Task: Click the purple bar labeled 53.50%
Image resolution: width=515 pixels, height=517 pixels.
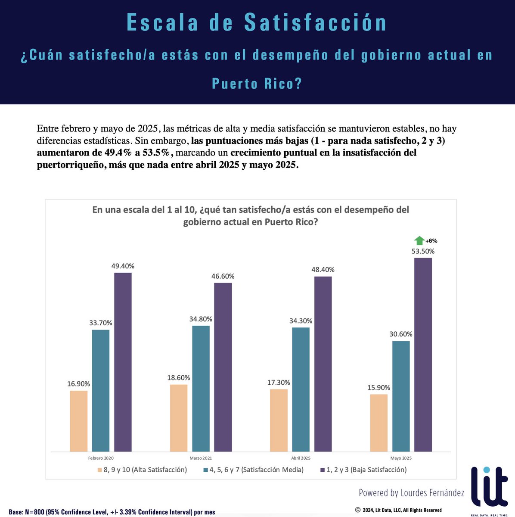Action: click(423, 355)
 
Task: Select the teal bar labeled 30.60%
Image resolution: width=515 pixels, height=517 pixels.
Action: click(400, 396)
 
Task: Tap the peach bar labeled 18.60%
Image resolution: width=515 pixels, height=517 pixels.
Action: click(179, 417)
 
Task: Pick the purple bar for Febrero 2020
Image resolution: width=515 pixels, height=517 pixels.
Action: click(123, 362)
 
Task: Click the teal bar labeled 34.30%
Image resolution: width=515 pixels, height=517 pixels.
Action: click(301, 389)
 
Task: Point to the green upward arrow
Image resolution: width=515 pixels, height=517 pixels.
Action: click(419, 241)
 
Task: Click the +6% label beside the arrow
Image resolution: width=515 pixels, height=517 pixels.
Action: click(431, 241)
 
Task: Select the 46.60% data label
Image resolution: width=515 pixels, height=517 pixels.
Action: click(223, 276)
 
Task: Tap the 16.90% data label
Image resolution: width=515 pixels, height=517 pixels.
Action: click(78, 384)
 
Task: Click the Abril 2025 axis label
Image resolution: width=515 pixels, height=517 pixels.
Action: click(301, 458)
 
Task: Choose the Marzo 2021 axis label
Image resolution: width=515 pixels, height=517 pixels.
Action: click(201, 458)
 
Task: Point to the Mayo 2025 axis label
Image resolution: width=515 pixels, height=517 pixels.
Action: click(401, 458)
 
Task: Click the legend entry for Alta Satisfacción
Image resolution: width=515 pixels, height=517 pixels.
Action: click(142, 470)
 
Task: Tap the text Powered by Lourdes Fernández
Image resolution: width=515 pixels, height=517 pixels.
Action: click(411, 492)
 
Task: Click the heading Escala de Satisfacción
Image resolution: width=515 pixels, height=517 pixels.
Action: click(257, 23)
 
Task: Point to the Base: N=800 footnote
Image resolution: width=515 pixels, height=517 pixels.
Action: click(112, 512)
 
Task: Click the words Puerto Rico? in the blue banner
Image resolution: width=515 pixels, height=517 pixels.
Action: click(257, 83)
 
